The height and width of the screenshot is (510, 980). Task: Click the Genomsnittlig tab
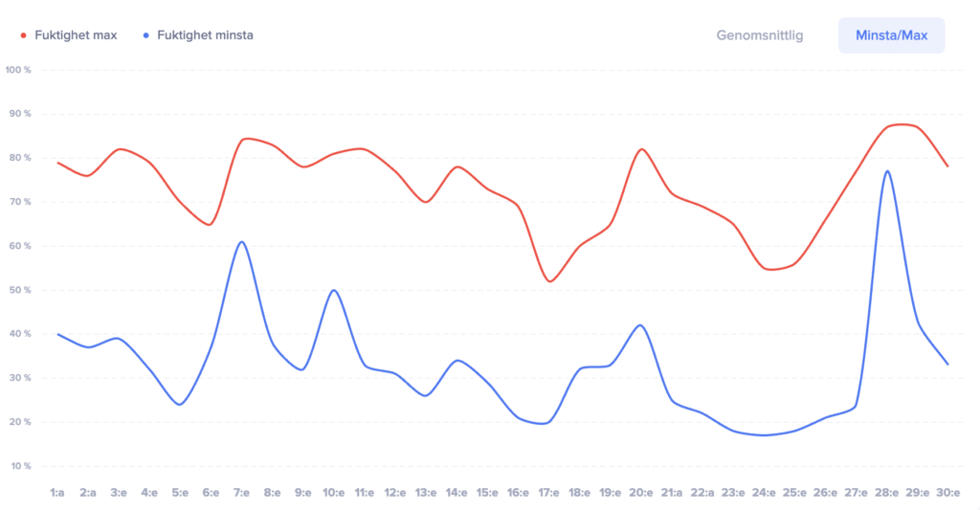(760, 35)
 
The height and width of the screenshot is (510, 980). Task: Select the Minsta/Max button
(891, 35)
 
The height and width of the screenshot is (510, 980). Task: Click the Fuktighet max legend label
(76, 35)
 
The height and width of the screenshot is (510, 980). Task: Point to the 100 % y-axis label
(18, 70)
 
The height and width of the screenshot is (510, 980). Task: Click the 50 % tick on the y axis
(20, 290)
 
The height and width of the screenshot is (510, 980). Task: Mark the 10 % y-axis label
(20, 466)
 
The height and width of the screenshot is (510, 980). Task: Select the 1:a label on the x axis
(57, 493)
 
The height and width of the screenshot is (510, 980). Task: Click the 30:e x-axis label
(947, 493)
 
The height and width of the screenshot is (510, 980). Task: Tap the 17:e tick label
(548, 493)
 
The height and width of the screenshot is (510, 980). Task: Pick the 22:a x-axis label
(702, 493)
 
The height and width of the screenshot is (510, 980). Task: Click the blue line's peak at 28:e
(887, 171)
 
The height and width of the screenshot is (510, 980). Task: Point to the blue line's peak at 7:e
(242, 241)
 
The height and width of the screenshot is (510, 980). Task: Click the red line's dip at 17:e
(549, 281)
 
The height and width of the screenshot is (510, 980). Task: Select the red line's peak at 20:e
(641, 149)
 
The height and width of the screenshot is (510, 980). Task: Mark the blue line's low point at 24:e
(764, 435)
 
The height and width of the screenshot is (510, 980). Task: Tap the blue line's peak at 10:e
(334, 290)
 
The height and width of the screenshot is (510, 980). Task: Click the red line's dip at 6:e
(211, 225)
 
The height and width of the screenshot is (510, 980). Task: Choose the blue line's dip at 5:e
(180, 405)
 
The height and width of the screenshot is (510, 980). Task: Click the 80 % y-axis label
(20, 158)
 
